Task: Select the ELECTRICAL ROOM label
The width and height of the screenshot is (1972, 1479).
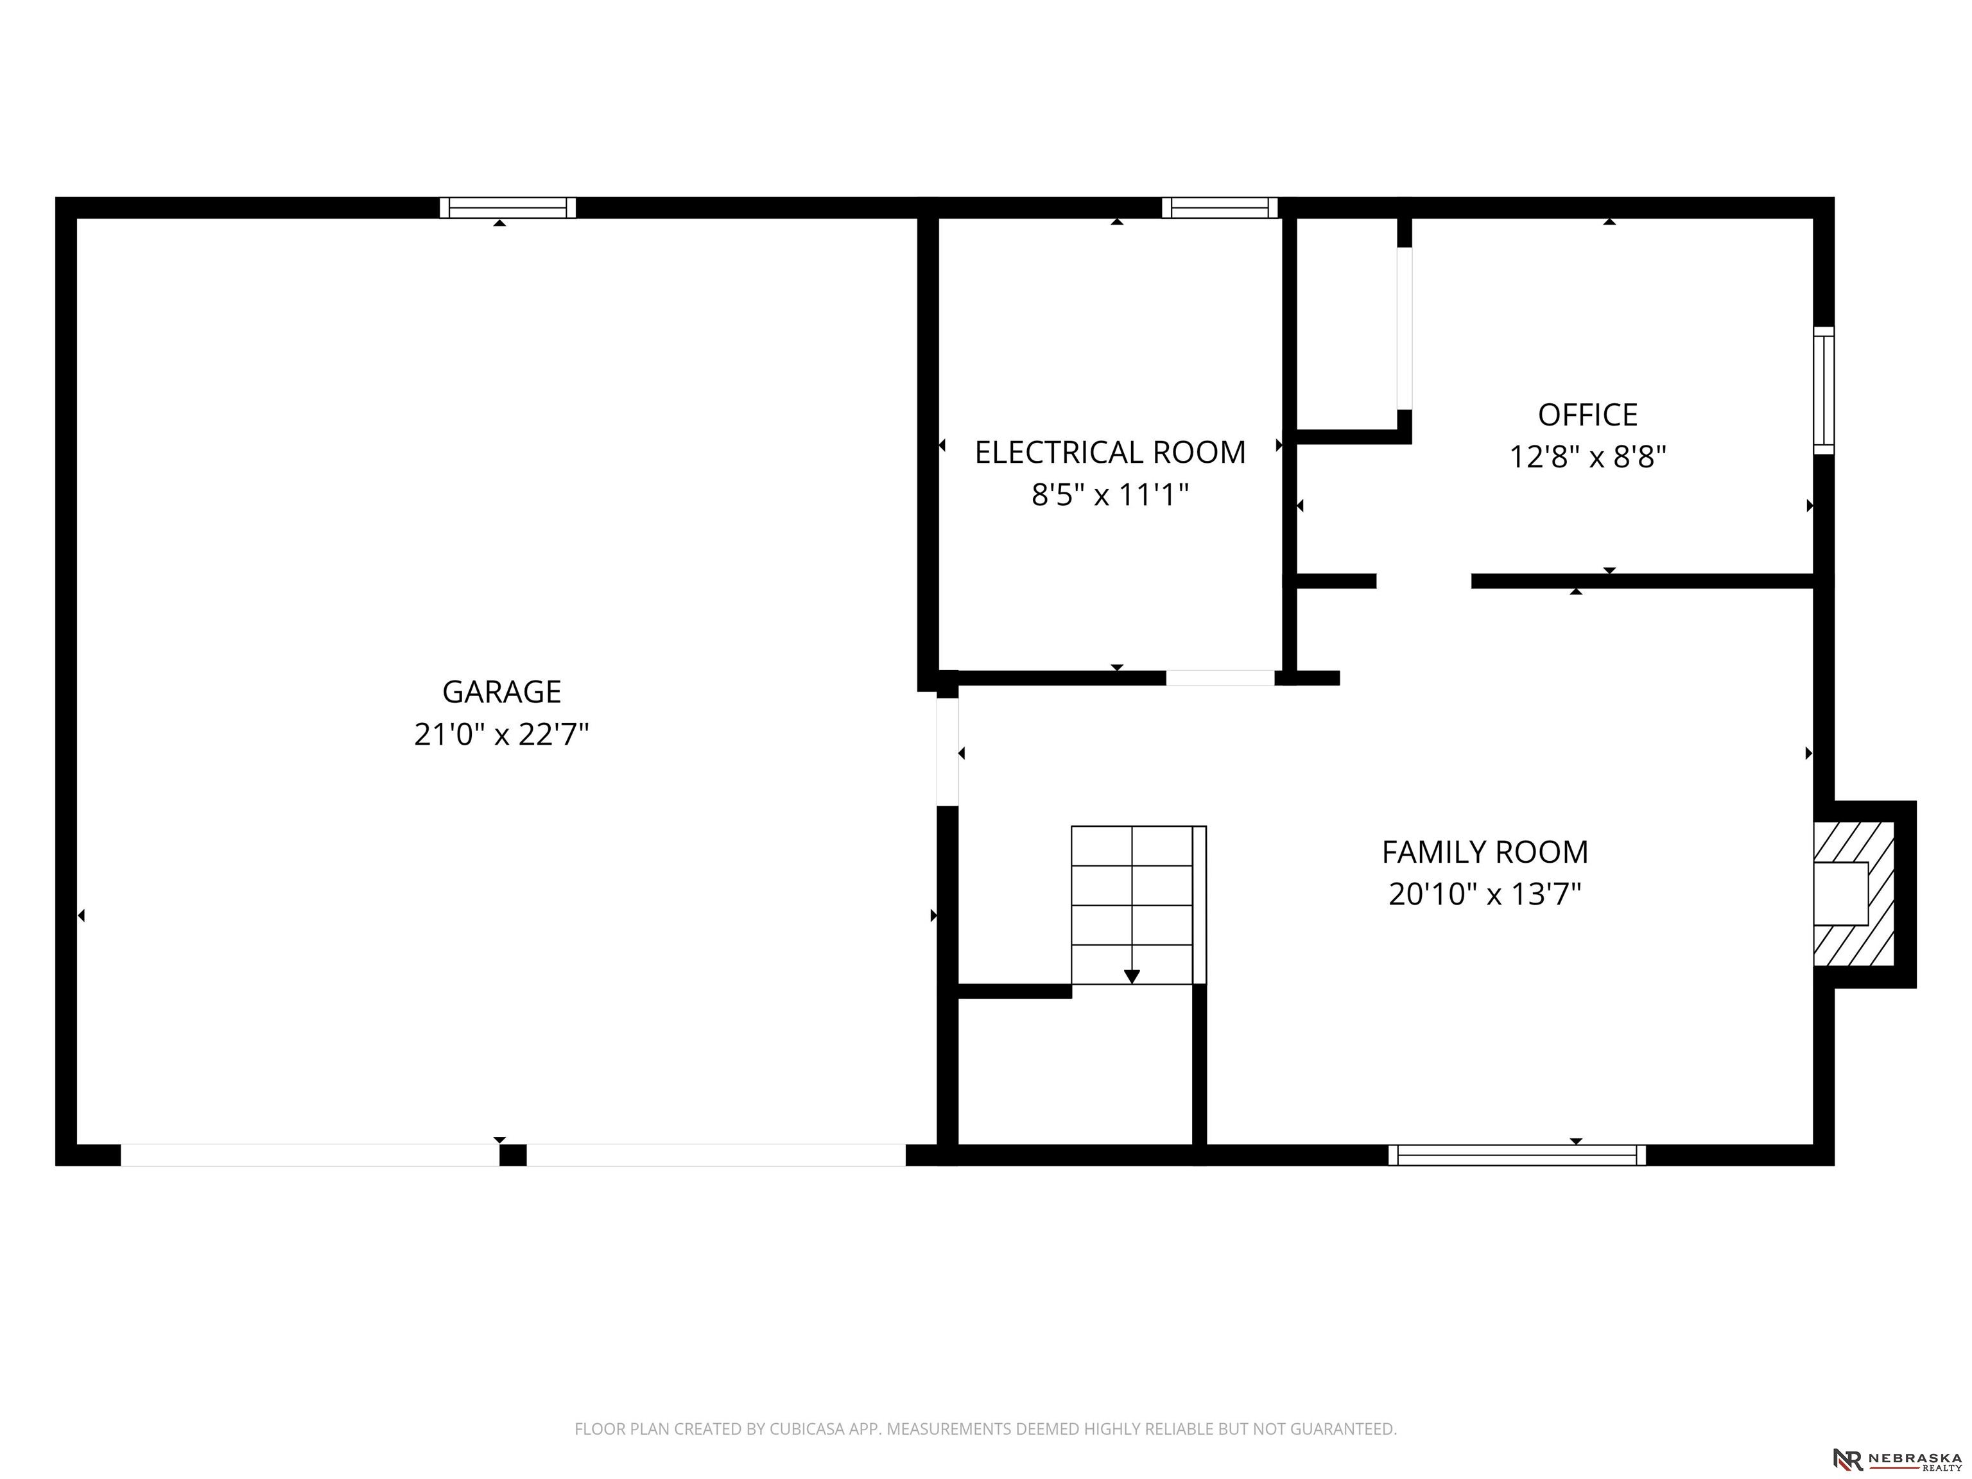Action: pyautogui.click(x=1110, y=453)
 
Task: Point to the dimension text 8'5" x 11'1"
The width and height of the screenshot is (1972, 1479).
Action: pyautogui.click(x=1110, y=495)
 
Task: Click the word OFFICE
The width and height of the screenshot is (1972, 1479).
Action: pyautogui.click(x=1587, y=415)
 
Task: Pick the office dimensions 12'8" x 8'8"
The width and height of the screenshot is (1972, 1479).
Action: pyautogui.click(x=1587, y=457)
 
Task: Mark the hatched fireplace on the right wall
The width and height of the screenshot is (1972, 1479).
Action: pyautogui.click(x=1855, y=894)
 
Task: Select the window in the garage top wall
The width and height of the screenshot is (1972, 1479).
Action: pyautogui.click(x=507, y=208)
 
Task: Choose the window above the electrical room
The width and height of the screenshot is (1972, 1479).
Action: pyautogui.click(x=1220, y=208)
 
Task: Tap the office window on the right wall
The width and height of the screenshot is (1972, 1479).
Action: pyautogui.click(x=1824, y=390)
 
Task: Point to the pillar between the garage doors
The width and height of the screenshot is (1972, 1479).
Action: pyautogui.click(x=513, y=1155)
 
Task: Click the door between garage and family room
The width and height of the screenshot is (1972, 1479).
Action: pyautogui.click(x=947, y=752)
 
